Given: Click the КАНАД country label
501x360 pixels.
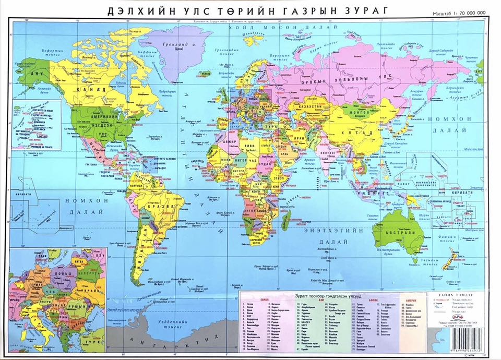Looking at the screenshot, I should [92, 90].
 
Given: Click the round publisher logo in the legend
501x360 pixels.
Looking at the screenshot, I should [443, 317].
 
